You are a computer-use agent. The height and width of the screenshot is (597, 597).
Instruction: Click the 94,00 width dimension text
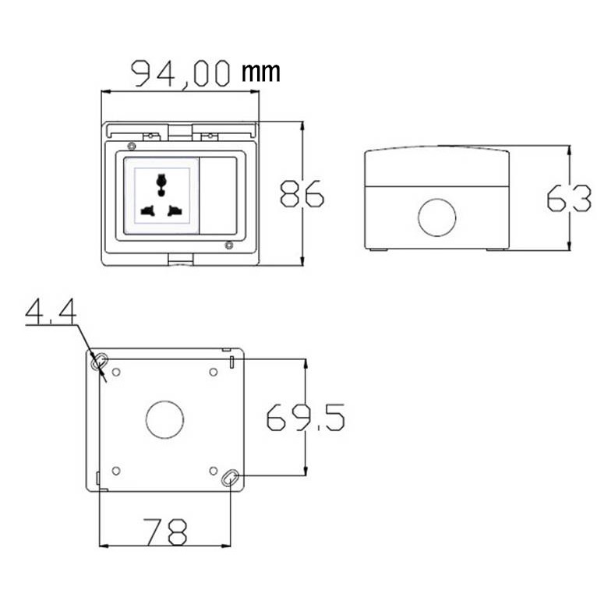coord(181,73)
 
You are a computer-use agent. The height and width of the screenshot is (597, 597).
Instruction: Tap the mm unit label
coord(261,72)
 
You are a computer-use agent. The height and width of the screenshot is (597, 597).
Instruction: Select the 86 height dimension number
coord(302,194)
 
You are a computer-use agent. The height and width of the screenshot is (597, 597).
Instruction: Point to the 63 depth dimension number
coord(569,198)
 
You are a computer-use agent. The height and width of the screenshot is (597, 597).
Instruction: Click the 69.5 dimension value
coord(306,417)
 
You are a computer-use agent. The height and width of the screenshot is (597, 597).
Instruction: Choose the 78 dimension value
coord(166,532)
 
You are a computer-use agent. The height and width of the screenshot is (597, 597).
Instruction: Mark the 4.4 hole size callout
coord(51,313)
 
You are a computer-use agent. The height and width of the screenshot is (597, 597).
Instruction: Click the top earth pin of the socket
coord(161,184)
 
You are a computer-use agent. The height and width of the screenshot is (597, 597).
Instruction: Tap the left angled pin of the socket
coord(148,210)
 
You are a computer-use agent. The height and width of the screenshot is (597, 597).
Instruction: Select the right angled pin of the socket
coord(175,210)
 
